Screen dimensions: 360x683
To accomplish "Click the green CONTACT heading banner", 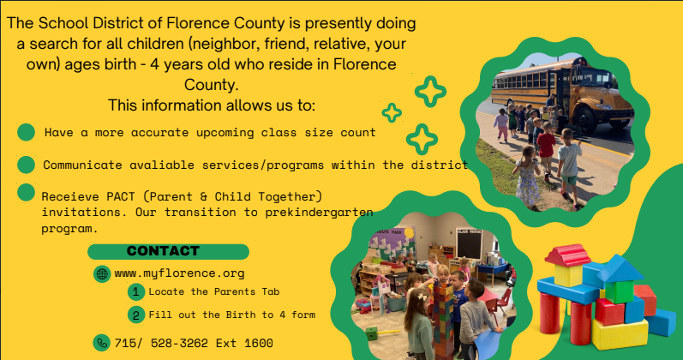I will pos(168,251).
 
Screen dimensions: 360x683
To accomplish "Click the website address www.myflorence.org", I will pos(179,273).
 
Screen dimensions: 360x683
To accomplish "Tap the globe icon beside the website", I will pos(102,274).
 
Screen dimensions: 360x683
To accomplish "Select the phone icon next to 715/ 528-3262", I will pos(102,342).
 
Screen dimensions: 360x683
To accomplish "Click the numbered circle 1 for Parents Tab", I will pos(136,292).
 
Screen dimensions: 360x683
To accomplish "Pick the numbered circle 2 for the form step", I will pos(136,315).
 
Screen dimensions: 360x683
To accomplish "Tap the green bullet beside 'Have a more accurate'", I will pos(27,133).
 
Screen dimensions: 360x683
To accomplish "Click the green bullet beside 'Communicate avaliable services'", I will pos(27,164).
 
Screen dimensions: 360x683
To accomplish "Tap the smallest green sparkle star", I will pos(392,112).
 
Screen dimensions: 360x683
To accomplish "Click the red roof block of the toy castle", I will pos(566,255).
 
